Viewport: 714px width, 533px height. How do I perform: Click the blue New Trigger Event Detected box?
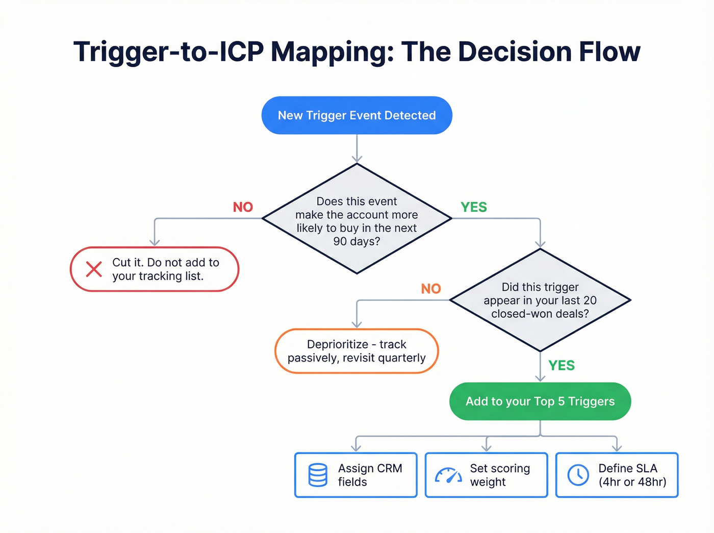[356, 115]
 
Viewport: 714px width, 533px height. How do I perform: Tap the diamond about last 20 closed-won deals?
[540, 300]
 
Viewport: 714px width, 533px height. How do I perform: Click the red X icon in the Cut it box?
[94, 269]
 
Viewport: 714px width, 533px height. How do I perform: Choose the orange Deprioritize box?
[356, 351]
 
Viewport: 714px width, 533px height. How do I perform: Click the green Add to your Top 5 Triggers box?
[540, 401]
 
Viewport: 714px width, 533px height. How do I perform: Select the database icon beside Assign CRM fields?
[318, 475]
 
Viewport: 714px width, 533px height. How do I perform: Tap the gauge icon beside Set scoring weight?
[448, 475]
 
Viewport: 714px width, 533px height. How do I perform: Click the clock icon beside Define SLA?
[578, 475]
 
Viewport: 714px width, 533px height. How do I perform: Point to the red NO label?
[243, 207]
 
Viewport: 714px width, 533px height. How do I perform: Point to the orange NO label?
[431, 289]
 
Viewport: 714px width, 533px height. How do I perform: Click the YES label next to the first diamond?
[474, 207]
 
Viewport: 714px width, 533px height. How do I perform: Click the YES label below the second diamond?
[562, 366]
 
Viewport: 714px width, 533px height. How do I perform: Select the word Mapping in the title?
[332, 52]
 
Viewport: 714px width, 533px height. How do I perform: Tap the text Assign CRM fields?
[370, 475]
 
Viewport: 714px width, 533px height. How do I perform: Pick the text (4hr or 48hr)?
[632, 482]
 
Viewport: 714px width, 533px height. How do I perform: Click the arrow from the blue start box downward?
[357, 149]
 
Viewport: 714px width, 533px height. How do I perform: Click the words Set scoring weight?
[500, 475]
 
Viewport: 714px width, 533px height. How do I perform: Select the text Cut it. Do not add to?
[166, 262]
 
